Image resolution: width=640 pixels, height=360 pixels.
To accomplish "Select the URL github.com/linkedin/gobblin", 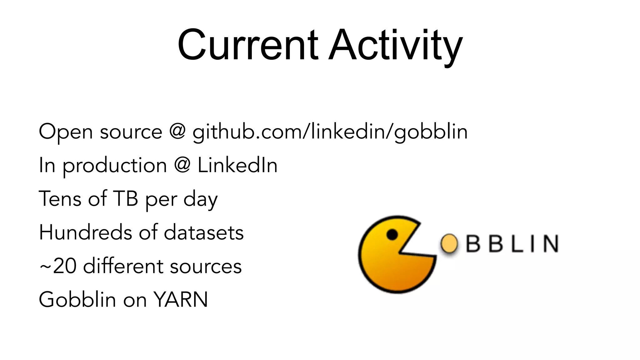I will click(x=330, y=132).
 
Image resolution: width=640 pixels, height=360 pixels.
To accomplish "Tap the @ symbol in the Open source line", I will click(x=177, y=131).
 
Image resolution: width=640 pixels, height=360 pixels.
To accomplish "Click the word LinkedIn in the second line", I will click(x=237, y=165).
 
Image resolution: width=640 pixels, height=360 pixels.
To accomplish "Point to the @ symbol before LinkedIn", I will click(x=182, y=165).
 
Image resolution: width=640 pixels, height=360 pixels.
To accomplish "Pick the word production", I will click(x=115, y=166).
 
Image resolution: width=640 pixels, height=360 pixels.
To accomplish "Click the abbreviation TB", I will click(x=125, y=199).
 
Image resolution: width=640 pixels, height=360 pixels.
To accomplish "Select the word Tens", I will click(x=60, y=199).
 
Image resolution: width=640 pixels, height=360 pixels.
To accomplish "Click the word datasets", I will click(x=204, y=232).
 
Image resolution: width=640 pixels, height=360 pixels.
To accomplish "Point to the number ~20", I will click(x=58, y=266).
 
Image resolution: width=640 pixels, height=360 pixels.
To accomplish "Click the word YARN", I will click(x=181, y=300).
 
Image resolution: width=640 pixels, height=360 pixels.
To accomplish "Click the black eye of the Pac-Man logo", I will click(x=392, y=234).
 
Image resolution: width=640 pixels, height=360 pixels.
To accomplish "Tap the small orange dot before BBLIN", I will click(x=449, y=244).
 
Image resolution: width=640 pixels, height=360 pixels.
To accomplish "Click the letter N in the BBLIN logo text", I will click(x=550, y=244).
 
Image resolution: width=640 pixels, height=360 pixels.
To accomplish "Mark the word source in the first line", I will click(x=131, y=132).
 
